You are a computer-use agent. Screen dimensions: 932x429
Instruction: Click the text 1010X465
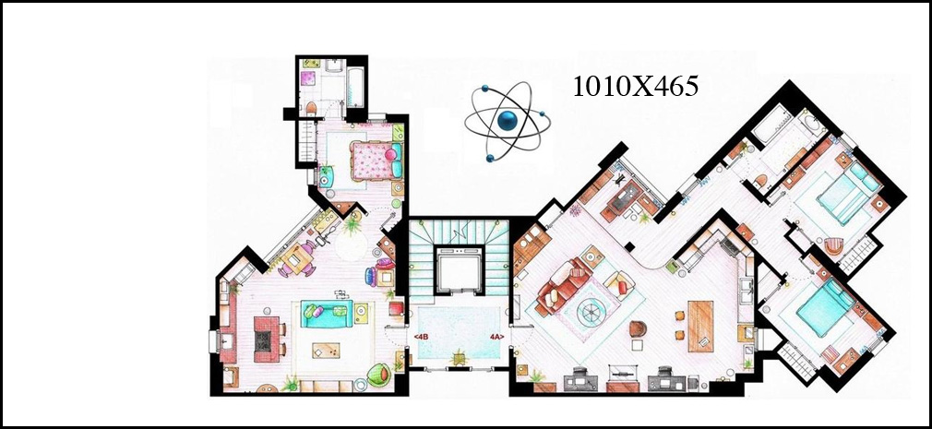[635, 87]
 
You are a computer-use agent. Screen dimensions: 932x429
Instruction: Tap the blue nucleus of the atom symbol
[508, 120]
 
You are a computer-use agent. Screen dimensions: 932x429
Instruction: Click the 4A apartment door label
[496, 337]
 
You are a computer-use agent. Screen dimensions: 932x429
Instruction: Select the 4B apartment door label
[421, 337]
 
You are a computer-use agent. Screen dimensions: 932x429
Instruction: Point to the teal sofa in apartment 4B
[327, 313]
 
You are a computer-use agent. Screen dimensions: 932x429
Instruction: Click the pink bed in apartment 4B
[376, 161]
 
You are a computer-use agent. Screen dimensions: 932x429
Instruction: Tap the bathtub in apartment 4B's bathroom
[355, 88]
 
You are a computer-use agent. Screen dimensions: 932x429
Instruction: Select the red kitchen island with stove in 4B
[267, 339]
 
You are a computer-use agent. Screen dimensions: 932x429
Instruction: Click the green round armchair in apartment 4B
[379, 375]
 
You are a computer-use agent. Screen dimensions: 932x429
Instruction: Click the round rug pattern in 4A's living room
[592, 310]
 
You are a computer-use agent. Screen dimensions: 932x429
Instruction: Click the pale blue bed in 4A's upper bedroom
[847, 191]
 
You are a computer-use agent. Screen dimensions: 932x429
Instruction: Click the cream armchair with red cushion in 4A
[619, 285]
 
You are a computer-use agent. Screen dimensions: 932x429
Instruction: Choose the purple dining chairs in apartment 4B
[297, 259]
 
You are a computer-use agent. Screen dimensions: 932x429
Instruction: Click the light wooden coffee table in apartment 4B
[326, 351]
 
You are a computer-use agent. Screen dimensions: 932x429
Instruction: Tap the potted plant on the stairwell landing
[459, 358]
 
